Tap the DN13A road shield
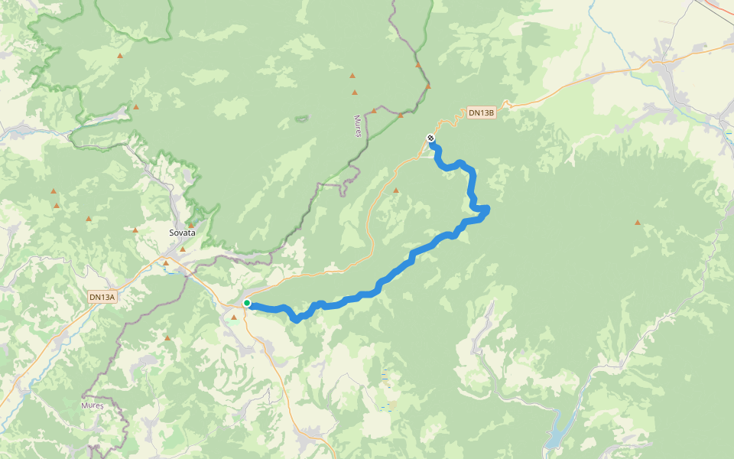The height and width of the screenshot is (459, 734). click(102, 297)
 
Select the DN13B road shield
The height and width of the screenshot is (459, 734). click(482, 112)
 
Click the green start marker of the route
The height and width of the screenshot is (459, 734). click(247, 304)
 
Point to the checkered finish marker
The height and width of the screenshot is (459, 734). click(430, 138)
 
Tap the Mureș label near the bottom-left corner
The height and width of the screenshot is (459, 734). click(92, 405)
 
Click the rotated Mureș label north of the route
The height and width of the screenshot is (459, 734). click(357, 125)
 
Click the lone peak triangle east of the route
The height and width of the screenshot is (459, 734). click(637, 223)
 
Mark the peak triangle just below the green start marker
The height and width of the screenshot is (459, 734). click(234, 317)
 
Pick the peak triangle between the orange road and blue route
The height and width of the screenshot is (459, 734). click(395, 190)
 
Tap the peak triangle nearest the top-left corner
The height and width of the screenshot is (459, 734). click(119, 56)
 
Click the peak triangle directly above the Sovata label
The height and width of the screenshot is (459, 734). click(190, 226)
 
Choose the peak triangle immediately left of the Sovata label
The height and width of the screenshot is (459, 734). click(135, 229)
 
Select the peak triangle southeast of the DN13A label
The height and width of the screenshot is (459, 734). click(167, 337)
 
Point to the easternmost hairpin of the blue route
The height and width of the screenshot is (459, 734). click(486, 209)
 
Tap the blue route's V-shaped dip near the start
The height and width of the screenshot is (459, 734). click(296, 318)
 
